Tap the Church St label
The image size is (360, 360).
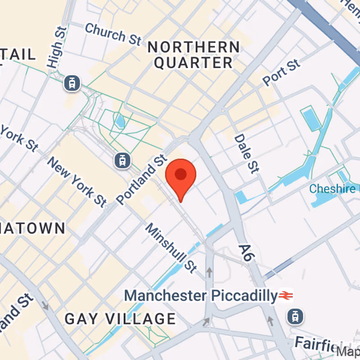point(113,34)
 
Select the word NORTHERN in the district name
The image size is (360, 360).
point(194,47)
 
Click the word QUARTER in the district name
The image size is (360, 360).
point(193,63)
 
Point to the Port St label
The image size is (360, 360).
point(281,73)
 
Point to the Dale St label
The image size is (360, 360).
point(247,153)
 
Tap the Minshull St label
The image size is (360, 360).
point(171,248)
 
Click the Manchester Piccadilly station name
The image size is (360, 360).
point(201,296)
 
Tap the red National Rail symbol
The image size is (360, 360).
point(286,296)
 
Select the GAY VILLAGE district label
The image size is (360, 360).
point(120,319)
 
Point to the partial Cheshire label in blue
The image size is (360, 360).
point(333,189)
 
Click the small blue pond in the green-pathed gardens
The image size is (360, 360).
point(120,121)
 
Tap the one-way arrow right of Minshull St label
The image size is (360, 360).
point(209,272)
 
